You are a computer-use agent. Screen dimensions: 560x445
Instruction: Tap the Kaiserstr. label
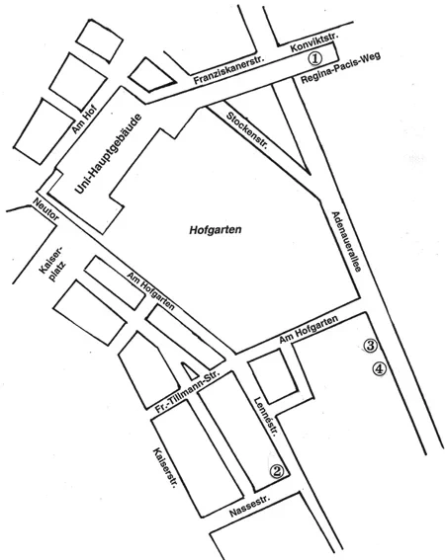(x=162, y=472)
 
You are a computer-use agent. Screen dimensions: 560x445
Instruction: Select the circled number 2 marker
(x=278, y=471)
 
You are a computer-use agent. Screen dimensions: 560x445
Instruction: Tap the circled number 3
(x=371, y=346)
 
